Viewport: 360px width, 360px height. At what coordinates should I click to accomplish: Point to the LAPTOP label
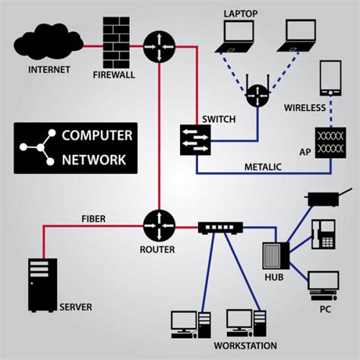click(x=241, y=13)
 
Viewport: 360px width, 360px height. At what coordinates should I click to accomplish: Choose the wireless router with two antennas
click(x=257, y=95)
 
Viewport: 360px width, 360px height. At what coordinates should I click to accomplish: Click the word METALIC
click(x=262, y=166)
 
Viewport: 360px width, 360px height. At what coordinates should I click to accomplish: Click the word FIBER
click(x=93, y=218)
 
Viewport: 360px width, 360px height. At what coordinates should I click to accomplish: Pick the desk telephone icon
click(x=323, y=233)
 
